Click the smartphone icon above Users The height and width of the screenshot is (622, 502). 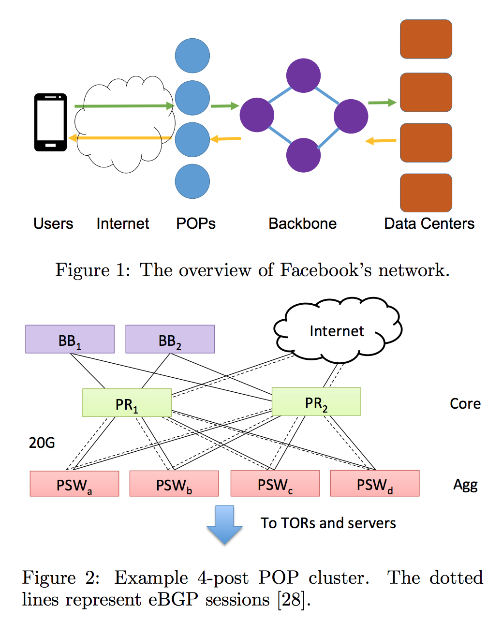(50, 122)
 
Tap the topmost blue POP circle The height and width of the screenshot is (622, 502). (192, 56)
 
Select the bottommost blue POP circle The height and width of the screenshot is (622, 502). (192, 181)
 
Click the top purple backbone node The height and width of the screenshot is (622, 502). (303, 75)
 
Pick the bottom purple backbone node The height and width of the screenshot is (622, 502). (303, 155)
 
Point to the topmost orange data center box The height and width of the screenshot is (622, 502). (426, 39)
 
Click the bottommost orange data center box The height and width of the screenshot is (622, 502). (426, 193)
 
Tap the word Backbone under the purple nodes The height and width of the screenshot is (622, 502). (302, 223)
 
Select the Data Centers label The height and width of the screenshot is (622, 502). (429, 223)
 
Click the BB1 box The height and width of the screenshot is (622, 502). (70, 340)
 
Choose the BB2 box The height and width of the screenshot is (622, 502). (170, 340)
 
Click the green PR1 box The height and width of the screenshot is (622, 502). (127, 403)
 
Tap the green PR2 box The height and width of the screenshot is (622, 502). (316, 402)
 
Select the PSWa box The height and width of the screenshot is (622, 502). (74, 484)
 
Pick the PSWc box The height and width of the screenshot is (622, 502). (275, 484)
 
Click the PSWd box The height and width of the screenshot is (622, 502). (375, 484)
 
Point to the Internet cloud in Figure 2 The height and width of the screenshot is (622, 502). (337, 332)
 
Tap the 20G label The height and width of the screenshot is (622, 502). (42, 443)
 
